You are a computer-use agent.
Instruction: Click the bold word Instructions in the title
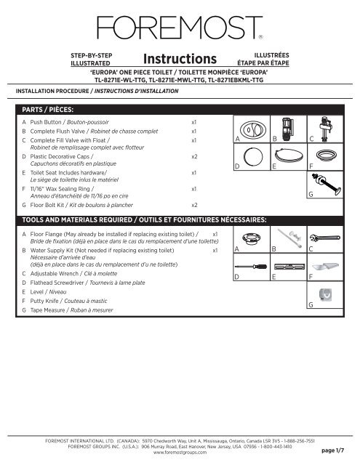[180, 58]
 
